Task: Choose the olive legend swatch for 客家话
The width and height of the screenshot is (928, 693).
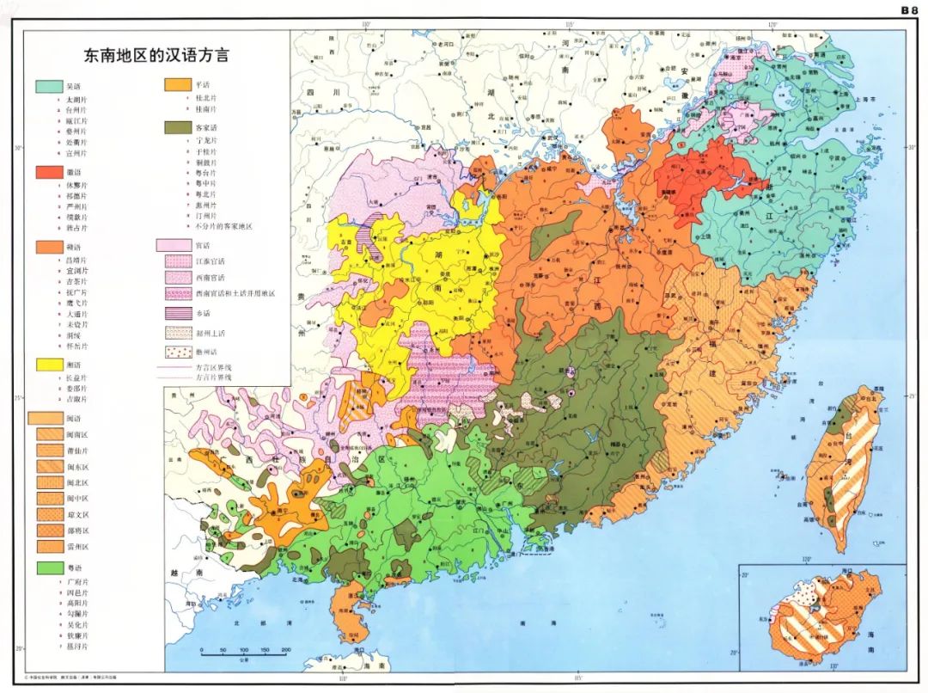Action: click(x=177, y=126)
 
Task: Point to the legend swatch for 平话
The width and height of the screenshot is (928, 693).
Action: click(x=177, y=86)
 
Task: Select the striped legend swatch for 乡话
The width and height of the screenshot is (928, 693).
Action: click(x=177, y=313)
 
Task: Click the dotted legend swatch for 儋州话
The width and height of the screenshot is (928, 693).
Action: click(x=177, y=352)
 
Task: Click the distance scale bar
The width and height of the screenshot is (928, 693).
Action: click(x=233, y=653)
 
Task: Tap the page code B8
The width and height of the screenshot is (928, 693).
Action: click(x=909, y=10)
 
